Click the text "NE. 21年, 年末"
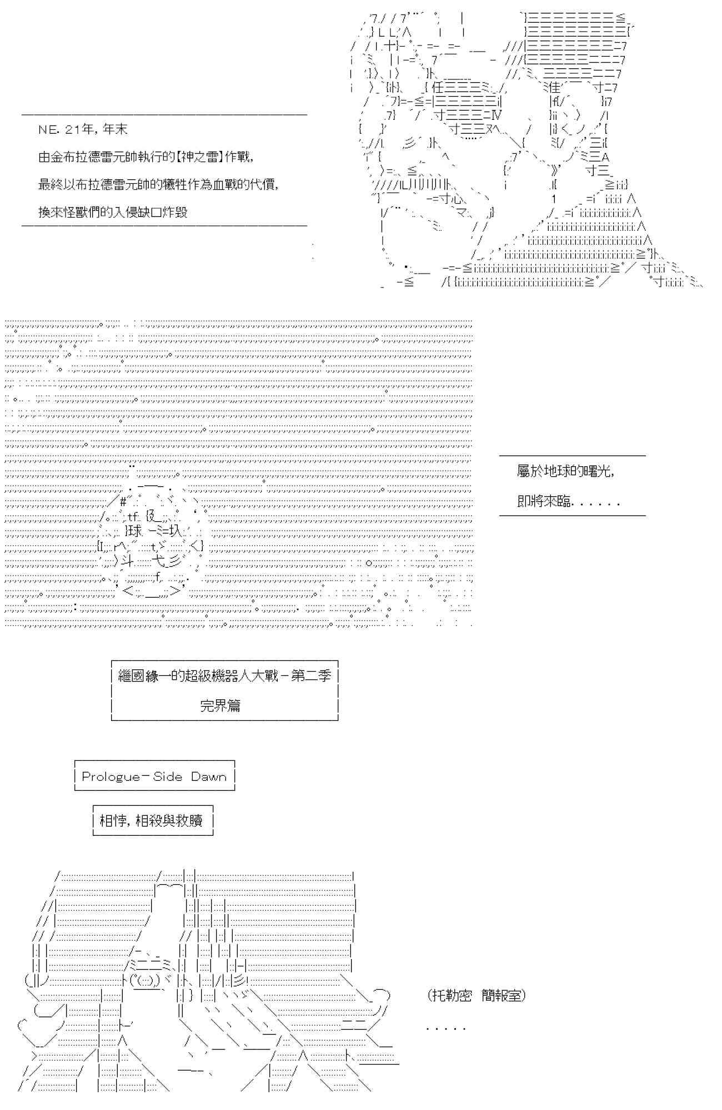[83, 129]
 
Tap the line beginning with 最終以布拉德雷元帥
[158, 184]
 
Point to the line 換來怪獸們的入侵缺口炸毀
[113, 212]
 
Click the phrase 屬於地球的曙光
[564, 471]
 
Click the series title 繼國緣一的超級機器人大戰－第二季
[224, 675]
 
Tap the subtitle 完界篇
[220, 705]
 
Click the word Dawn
[209, 776]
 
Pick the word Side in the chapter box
[167, 776]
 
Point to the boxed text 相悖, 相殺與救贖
[151, 820]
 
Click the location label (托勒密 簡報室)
[477, 995]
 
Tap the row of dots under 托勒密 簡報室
[445, 1028]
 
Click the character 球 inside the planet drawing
[134, 531]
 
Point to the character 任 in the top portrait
[437, 87]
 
